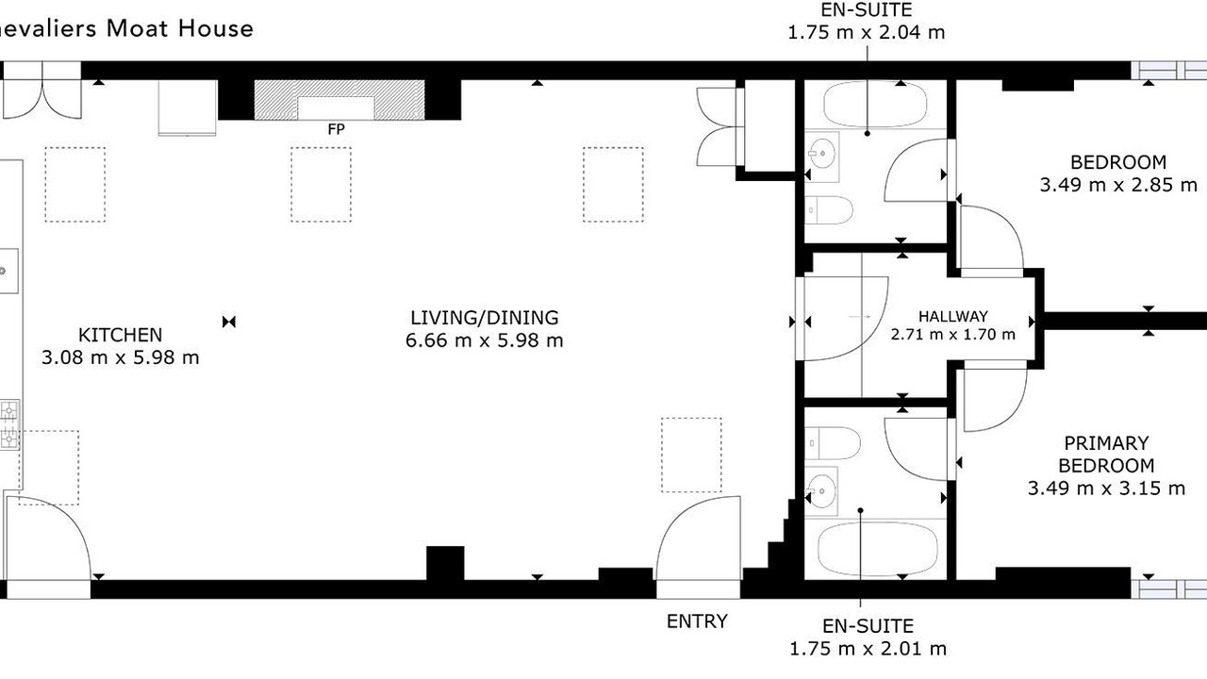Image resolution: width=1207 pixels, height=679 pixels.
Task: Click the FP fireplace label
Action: (336, 129)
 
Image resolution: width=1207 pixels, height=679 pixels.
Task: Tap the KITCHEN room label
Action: (120, 335)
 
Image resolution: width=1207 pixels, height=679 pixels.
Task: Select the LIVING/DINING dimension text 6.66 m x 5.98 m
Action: (485, 340)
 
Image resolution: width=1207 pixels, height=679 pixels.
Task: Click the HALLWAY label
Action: (953, 316)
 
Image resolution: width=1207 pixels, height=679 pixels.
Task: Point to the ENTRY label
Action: (697, 621)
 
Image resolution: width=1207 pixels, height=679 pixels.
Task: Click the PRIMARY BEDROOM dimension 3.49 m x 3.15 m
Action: (1106, 489)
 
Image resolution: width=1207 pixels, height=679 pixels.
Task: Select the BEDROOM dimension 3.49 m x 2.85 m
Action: (1118, 185)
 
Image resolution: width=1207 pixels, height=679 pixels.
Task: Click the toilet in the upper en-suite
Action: (830, 209)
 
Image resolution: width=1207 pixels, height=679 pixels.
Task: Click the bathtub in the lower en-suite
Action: (878, 549)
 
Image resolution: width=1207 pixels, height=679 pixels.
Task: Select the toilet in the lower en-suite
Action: (833, 443)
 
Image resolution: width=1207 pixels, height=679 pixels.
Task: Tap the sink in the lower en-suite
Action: (821, 491)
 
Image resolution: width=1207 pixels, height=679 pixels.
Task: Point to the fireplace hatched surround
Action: (339, 100)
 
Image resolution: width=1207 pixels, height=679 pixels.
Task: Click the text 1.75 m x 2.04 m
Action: (867, 32)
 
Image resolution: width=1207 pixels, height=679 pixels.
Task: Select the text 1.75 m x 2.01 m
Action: (868, 649)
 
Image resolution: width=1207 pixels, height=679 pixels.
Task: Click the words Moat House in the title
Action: (180, 28)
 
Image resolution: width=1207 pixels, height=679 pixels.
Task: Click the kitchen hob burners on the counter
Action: (9, 424)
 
